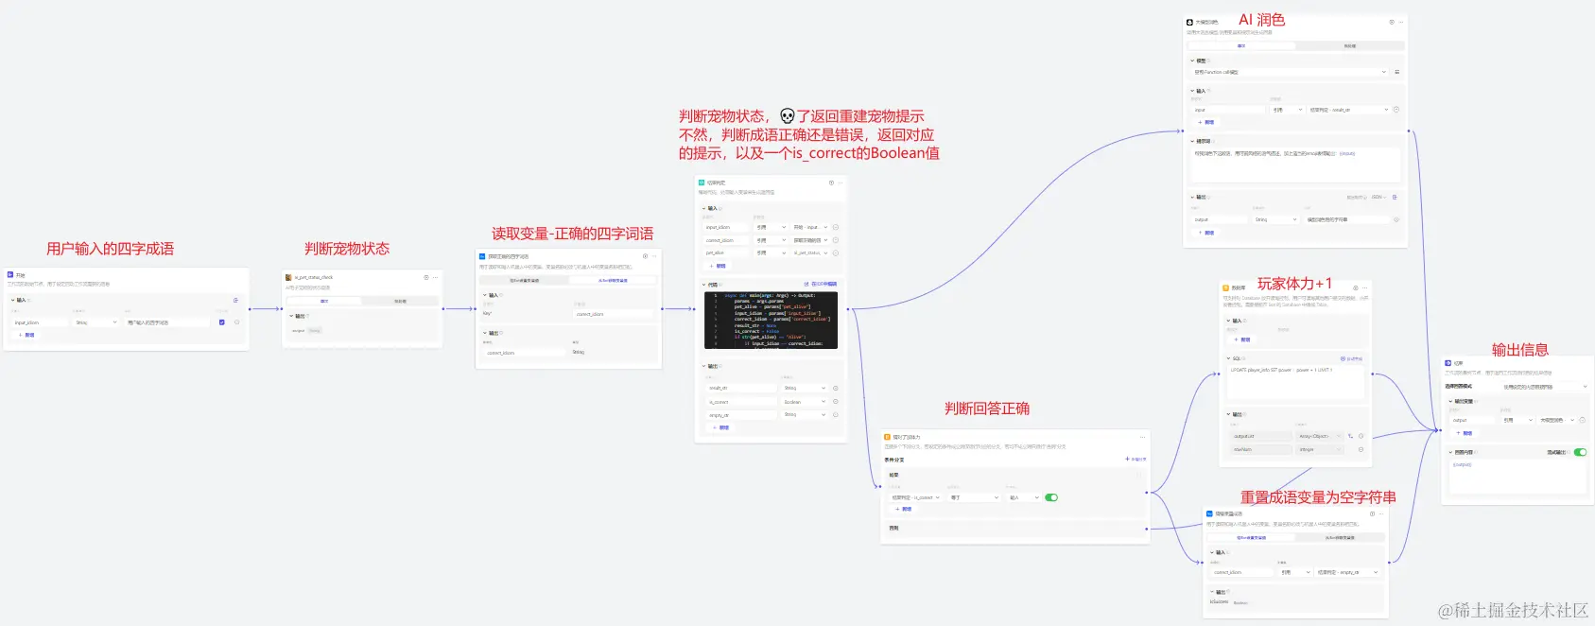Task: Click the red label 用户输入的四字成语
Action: (110, 249)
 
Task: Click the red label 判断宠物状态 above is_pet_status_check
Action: (346, 249)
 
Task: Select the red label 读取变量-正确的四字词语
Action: (572, 234)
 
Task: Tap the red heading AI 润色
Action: (1261, 20)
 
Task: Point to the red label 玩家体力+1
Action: (1294, 284)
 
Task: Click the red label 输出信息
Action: (1519, 350)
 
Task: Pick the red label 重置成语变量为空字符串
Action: (1318, 497)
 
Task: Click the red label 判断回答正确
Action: (986, 409)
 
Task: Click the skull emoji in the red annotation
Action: (788, 116)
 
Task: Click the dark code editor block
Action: (771, 320)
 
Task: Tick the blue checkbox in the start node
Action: (222, 322)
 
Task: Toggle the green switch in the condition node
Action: (1051, 497)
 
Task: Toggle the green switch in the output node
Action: (1580, 452)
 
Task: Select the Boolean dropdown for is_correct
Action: (805, 402)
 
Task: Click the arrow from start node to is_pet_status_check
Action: (267, 308)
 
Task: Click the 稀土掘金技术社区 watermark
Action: (1513, 611)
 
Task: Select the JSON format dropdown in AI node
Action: (1378, 198)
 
